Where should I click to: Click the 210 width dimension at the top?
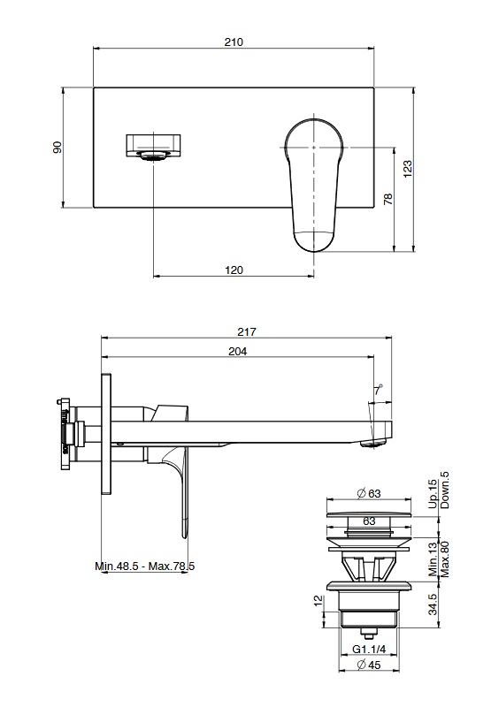click(234, 42)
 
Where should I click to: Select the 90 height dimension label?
click(58, 148)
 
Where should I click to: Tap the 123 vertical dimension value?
click(408, 169)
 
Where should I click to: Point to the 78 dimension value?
click(388, 199)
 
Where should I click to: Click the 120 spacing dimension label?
click(234, 270)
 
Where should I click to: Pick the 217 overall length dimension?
click(247, 332)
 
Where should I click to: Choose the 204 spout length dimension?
click(237, 351)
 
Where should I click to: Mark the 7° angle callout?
click(378, 391)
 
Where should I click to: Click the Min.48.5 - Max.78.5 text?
click(145, 566)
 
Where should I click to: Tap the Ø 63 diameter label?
click(368, 493)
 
